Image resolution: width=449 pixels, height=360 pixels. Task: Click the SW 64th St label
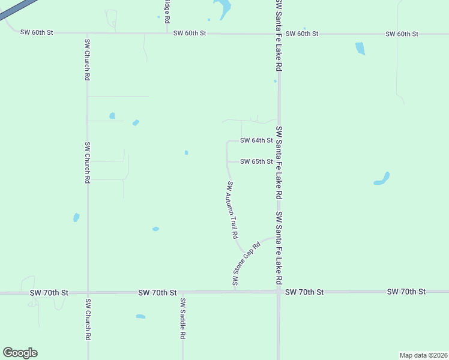(x=256, y=140)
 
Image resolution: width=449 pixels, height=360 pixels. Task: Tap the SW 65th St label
(x=256, y=161)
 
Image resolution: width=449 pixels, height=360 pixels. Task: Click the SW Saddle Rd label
(x=182, y=319)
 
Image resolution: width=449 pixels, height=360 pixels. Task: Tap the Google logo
(x=20, y=353)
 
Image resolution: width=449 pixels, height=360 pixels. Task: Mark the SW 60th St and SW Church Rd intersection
(x=88, y=33)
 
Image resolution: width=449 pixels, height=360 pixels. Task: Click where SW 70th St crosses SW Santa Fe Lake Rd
(x=279, y=292)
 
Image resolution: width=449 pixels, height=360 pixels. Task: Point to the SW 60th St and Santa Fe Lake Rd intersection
(x=279, y=34)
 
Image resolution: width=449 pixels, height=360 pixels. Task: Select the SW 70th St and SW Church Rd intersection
(x=88, y=293)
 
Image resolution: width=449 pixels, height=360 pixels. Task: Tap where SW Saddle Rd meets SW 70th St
(x=182, y=293)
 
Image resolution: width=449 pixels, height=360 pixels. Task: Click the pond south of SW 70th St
(x=140, y=316)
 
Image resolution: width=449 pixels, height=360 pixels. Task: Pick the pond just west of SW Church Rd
(x=76, y=217)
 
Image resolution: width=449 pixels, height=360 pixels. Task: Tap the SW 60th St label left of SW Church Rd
(x=37, y=32)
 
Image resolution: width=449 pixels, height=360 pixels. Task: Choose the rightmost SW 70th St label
(x=406, y=292)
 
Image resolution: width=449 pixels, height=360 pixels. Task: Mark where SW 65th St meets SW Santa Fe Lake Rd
(x=279, y=161)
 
